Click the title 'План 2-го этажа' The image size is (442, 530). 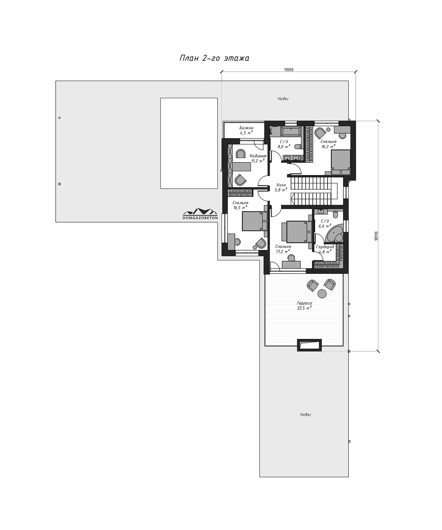(x=214, y=58)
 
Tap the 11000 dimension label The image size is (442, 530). (x=289, y=70)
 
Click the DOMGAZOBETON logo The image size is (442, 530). (x=200, y=213)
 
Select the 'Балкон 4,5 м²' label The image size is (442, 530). (x=246, y=130)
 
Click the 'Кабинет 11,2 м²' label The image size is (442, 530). (x=258, y=159)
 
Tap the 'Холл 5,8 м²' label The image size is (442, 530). (x=280, y=187)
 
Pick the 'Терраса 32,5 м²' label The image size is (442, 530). (x=304, y=306)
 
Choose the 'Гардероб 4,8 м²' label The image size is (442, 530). (x=325, y=249)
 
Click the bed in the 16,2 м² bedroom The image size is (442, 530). (x=341, y=162)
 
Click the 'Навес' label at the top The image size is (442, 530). (x=283, y=99)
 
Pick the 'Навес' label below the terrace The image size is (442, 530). (x=306, y=415)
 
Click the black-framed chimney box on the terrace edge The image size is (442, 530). (x=309, y=345)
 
